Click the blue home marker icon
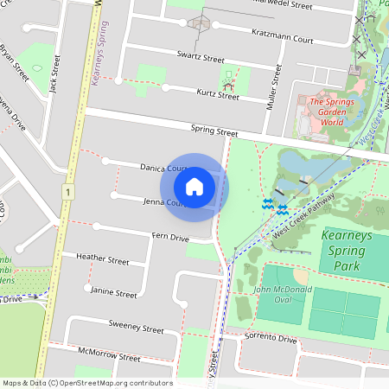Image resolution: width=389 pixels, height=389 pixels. click(x=194, y=187)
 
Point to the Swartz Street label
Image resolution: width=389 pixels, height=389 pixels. click(x=200, y=59)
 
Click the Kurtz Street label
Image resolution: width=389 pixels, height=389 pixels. click(x=216, y=96)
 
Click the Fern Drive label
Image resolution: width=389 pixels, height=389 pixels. click(x=169, y=237)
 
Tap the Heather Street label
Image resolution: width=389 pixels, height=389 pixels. click(x=102, y=259)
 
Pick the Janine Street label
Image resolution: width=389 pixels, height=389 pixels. click(x=113, y=294)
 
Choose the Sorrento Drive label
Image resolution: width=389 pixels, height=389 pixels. click(x=270, y=340)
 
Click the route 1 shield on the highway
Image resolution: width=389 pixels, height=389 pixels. click(x=66, y=190)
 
